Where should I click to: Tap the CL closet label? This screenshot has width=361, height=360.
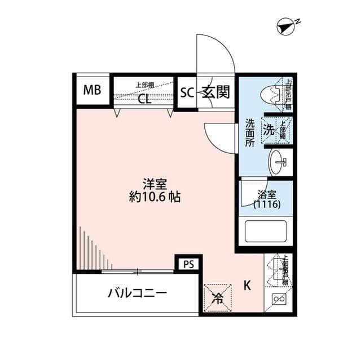(144, 100)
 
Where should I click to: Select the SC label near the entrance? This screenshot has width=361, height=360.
(187, 92)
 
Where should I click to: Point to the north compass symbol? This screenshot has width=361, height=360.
(287, 25)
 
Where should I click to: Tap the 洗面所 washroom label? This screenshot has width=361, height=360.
(249, 132)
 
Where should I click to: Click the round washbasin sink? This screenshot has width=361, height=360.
(278, 162)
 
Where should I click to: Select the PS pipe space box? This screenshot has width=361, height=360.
(188, 264)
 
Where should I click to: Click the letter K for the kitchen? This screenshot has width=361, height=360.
(246, 285)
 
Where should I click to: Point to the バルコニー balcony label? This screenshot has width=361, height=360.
(137, 294)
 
